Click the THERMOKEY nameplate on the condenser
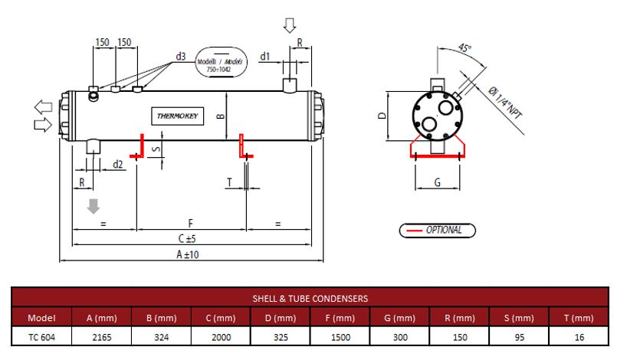point(178,116)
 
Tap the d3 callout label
point(181,57)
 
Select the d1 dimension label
point(264,57)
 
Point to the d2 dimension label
point(117,164)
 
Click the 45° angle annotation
point(465,48)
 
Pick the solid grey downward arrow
point(94,206)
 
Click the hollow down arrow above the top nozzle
point(290,25)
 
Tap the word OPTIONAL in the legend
point(444,230)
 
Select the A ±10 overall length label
point(188,254)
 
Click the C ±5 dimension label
point(187,239)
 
